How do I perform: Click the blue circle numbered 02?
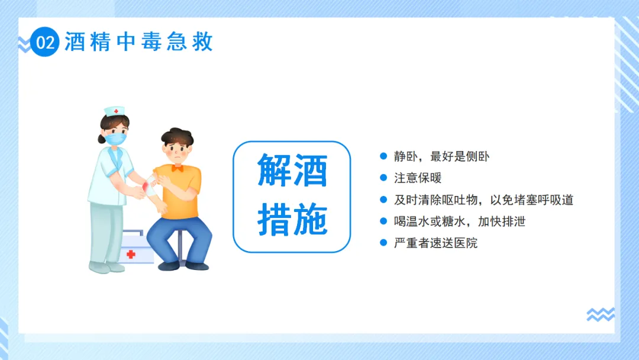point(45,42)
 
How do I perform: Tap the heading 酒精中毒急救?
point(139,42)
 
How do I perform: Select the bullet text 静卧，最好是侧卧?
point(441,156)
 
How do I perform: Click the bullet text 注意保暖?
point(418,178)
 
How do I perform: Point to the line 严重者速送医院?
point(435,243)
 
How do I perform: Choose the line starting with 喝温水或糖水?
point(460,221)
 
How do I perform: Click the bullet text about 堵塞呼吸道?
point(484,200)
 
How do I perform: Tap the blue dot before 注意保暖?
point(383,178)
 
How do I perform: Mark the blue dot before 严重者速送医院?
point(383,243)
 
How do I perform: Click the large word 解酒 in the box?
point(292,171)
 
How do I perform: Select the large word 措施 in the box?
point(292,220)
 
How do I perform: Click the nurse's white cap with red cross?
point(114,111)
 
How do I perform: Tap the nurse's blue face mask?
point(116,139)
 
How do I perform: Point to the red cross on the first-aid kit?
point(131,255)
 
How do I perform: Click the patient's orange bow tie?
point(177,168)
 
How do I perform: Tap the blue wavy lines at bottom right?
point(601,314)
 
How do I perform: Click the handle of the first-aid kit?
point(133,233)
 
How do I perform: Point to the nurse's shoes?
point(106,268)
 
